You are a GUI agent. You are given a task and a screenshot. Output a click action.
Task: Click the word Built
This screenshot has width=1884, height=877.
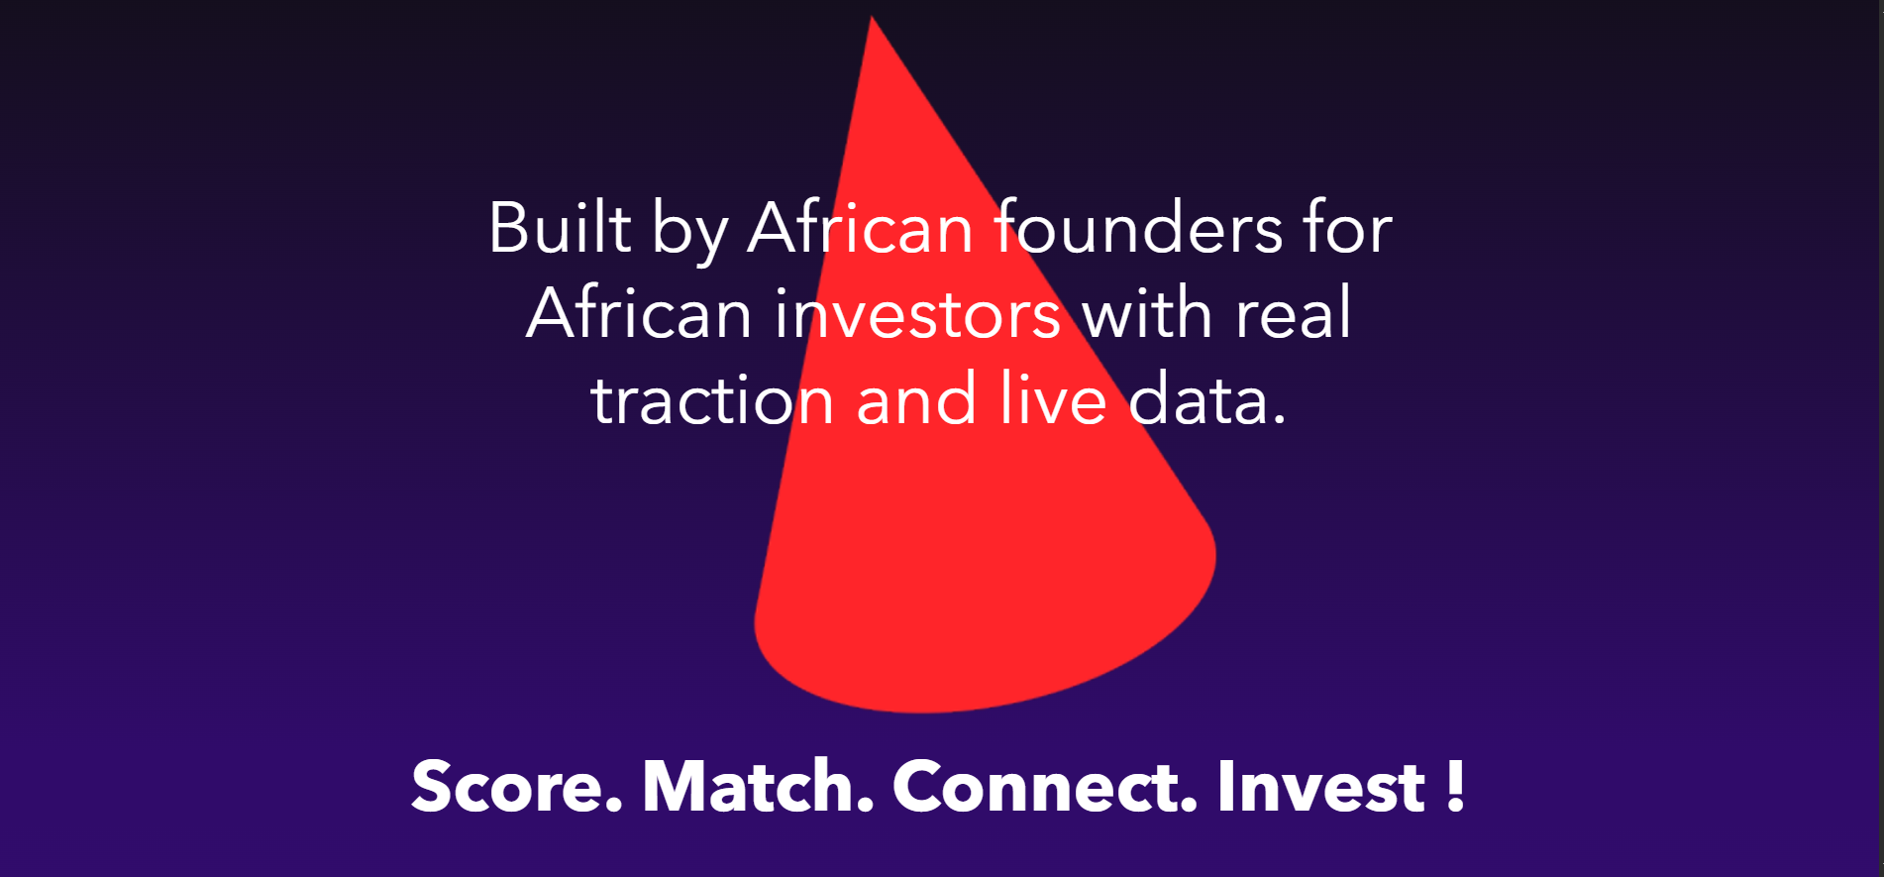(560, 228)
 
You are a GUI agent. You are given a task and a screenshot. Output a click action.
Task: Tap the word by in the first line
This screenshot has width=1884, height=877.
(689, 234)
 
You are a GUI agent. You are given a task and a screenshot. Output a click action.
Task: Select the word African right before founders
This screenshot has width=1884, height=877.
(861, 228)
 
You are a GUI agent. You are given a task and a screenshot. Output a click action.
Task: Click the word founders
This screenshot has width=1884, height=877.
(1138, 228)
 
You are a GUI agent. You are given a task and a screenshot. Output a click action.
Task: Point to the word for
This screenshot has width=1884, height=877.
(1348, 228)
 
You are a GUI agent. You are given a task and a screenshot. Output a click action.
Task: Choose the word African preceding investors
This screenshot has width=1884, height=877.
(639, 313)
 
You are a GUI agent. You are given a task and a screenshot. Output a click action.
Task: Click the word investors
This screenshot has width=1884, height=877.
(918, 313)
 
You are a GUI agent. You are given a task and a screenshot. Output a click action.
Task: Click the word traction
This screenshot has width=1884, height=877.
(712, 399)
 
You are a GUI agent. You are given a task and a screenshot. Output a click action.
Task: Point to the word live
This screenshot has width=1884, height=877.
(1053, 399)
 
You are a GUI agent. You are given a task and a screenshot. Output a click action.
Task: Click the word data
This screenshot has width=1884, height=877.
(1200, 399)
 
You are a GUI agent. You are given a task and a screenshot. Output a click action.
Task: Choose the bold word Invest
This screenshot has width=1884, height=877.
(1320, 787)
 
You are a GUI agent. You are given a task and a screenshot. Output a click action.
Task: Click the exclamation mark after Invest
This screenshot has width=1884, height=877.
(1455, 787)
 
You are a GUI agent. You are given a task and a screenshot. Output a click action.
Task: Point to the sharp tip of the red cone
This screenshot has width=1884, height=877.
(872, 17)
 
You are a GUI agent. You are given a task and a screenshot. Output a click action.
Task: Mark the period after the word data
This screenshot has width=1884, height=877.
(1279, 420)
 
